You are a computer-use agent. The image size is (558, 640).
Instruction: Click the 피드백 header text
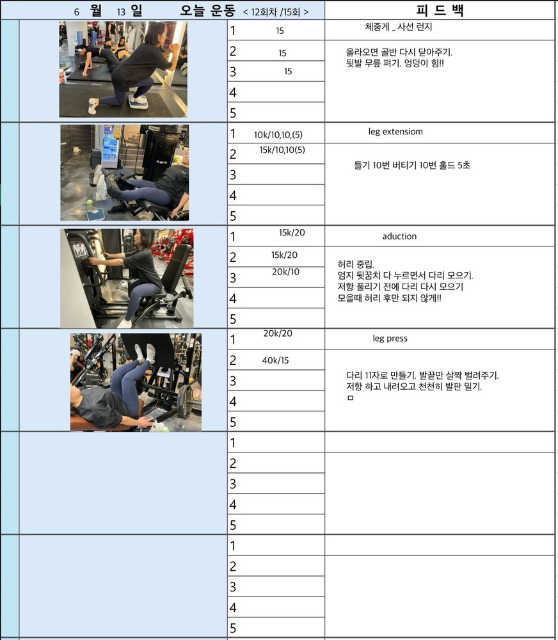[x=440, y=10]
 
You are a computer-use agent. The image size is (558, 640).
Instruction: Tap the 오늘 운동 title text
[x=207, y=10]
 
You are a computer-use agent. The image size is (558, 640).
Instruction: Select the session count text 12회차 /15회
[x=276, y=12]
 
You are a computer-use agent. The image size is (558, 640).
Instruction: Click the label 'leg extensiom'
[x=395, y=131]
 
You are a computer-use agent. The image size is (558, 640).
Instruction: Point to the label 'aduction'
[x=399, y=236]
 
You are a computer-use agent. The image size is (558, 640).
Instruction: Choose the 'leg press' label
[x=390, y=339]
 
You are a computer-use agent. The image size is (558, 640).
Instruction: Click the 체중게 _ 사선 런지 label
[x=399, y=27]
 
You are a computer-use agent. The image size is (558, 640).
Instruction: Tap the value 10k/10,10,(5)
[x=278, y=134]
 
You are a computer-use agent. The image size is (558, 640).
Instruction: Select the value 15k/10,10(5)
[x=282, y=150]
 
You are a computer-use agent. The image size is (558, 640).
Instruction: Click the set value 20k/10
[x=286, y=272]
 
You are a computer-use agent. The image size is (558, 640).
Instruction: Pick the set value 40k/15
[x=275, y=360]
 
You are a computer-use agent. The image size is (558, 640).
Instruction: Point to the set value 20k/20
[x=278, y=333]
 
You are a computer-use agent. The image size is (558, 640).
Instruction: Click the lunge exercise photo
[x=124, y=69]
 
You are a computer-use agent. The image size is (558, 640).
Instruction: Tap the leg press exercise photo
[x=136, y=382]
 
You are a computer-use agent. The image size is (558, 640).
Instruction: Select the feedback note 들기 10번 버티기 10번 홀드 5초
[x=412, y=165]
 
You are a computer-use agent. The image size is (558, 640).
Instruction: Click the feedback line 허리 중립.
[x=356, y=264]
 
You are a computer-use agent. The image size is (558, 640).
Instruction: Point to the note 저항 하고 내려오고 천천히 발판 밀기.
[x=414, y=387]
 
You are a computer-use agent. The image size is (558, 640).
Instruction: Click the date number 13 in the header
[x=121, y=12]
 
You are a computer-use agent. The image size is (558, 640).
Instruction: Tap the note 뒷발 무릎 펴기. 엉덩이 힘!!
[x=395, y=63]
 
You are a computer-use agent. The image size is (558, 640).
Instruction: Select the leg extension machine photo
[x=125, y=173]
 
